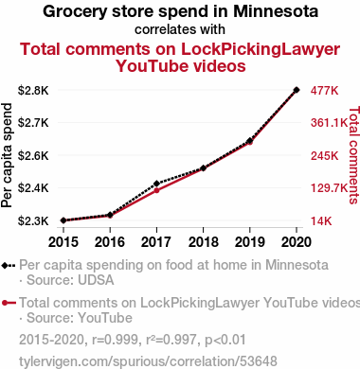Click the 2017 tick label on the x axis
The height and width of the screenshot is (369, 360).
coord(156,242)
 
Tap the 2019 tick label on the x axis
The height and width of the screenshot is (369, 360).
coord(250,242)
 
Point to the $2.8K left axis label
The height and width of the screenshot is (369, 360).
coord(33,91)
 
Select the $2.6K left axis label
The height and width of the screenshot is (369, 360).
coord(33,155)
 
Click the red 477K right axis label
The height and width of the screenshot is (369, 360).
coord(324,91)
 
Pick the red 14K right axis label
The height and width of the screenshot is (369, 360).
coord(321,220)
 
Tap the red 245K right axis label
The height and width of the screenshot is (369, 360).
coord(324,155)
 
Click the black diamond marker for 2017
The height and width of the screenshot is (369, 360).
coord(156,184)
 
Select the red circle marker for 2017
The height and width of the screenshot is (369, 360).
coord(156,190)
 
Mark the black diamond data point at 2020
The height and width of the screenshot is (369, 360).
coord(297,90)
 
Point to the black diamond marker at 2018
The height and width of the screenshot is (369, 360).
coord(203,168)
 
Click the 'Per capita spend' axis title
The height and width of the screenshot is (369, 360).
coord(7,155)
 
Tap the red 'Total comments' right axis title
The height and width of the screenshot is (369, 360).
coord(354,155)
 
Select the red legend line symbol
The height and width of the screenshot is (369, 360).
coord(9,303)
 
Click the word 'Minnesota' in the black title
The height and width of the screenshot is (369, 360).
coord(276,11)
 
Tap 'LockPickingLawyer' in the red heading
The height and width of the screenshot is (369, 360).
coord(261,49)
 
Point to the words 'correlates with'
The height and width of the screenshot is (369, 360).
coord(180,29)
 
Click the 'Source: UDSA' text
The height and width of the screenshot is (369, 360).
coord(70,280)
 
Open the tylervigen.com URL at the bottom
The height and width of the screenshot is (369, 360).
coord(148,361)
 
